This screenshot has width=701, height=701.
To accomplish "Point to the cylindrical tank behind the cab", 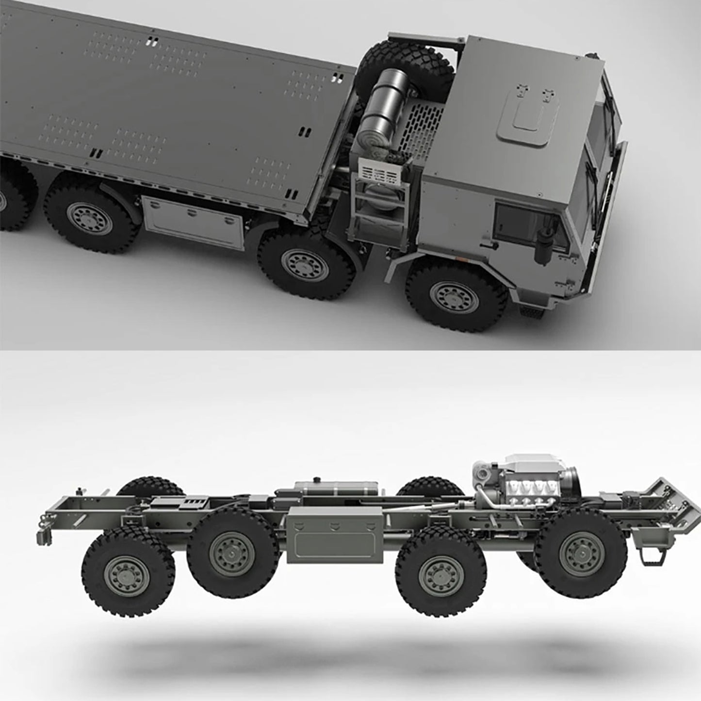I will [381, 112].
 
